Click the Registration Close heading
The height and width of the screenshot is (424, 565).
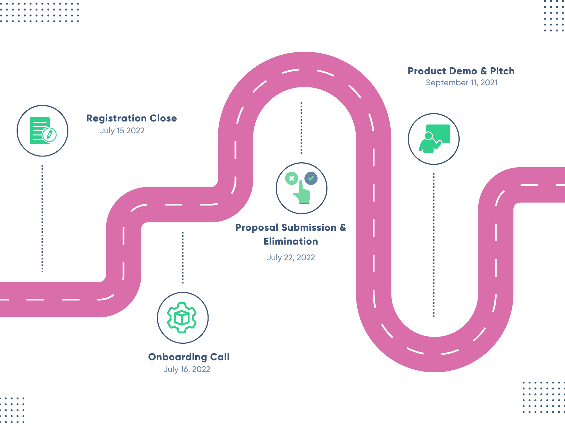(132, 118)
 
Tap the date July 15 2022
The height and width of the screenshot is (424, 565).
(122, 131)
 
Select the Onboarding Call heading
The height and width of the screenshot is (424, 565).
(189, 357)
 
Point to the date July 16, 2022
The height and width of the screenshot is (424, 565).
(187, 369)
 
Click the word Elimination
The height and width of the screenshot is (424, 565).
(291, 241)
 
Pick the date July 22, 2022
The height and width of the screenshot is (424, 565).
(291, 258)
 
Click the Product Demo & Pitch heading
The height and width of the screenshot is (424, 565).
(461, 71)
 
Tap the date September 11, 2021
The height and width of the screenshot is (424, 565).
(462, 83)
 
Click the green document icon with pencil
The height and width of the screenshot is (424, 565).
(43, 131)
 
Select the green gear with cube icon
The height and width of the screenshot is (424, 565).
(182, 318)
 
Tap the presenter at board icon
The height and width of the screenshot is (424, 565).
(434, 139)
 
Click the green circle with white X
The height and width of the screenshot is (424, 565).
(292, 178)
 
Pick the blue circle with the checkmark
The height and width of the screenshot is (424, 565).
(311, 178)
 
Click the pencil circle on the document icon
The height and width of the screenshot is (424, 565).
(49, 135)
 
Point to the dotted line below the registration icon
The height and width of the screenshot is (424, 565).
(42, 218)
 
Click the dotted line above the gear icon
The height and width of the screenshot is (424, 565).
(183, 258)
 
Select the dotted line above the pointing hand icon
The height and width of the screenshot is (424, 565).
(302, 128)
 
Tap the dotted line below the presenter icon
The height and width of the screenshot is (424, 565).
(434, 245)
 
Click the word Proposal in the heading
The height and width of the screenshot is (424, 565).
(257, 228)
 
